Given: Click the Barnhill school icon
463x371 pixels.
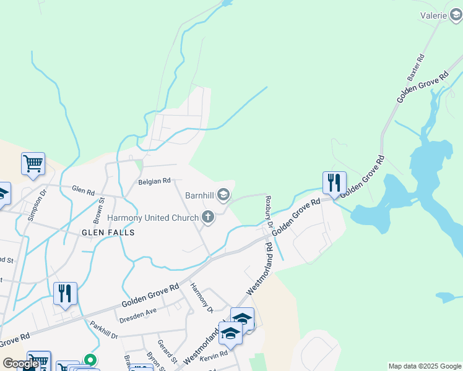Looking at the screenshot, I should pos(223,196).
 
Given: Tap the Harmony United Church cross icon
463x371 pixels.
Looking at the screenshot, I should pos(208,217).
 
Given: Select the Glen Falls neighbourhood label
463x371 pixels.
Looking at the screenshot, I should pos(108,232).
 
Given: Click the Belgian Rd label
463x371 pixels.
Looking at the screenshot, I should pos(154,181).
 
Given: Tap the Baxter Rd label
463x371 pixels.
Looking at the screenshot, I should pos(415,68).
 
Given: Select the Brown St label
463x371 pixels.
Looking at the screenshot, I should pos(98,211).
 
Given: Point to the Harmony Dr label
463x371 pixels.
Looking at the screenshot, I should pos(201,297).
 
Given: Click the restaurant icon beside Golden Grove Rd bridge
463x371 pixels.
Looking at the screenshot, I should pos(334,183).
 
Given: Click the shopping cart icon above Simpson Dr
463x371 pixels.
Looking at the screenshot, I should pos(33,164).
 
